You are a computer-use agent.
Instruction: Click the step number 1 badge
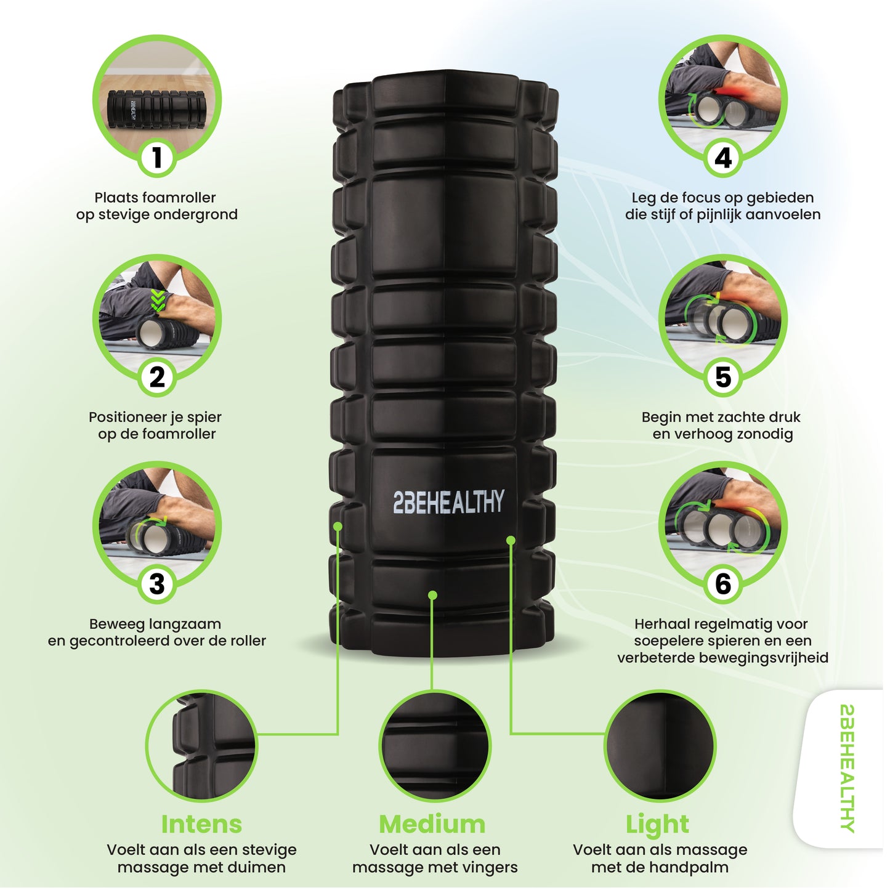click(x=157, y=158)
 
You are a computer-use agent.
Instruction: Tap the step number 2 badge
click(x=157, y=378)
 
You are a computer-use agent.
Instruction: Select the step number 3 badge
click(x=157, y=584)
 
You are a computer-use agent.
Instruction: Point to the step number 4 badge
click(x=723, y=158)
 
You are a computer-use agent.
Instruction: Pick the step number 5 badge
click(x=723, y=378)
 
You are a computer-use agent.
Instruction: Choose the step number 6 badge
click(x=723, y=584)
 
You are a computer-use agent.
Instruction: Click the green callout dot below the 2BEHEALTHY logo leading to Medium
click(x=433, y=596)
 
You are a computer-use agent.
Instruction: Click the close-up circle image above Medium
click(x=435, y=746)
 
